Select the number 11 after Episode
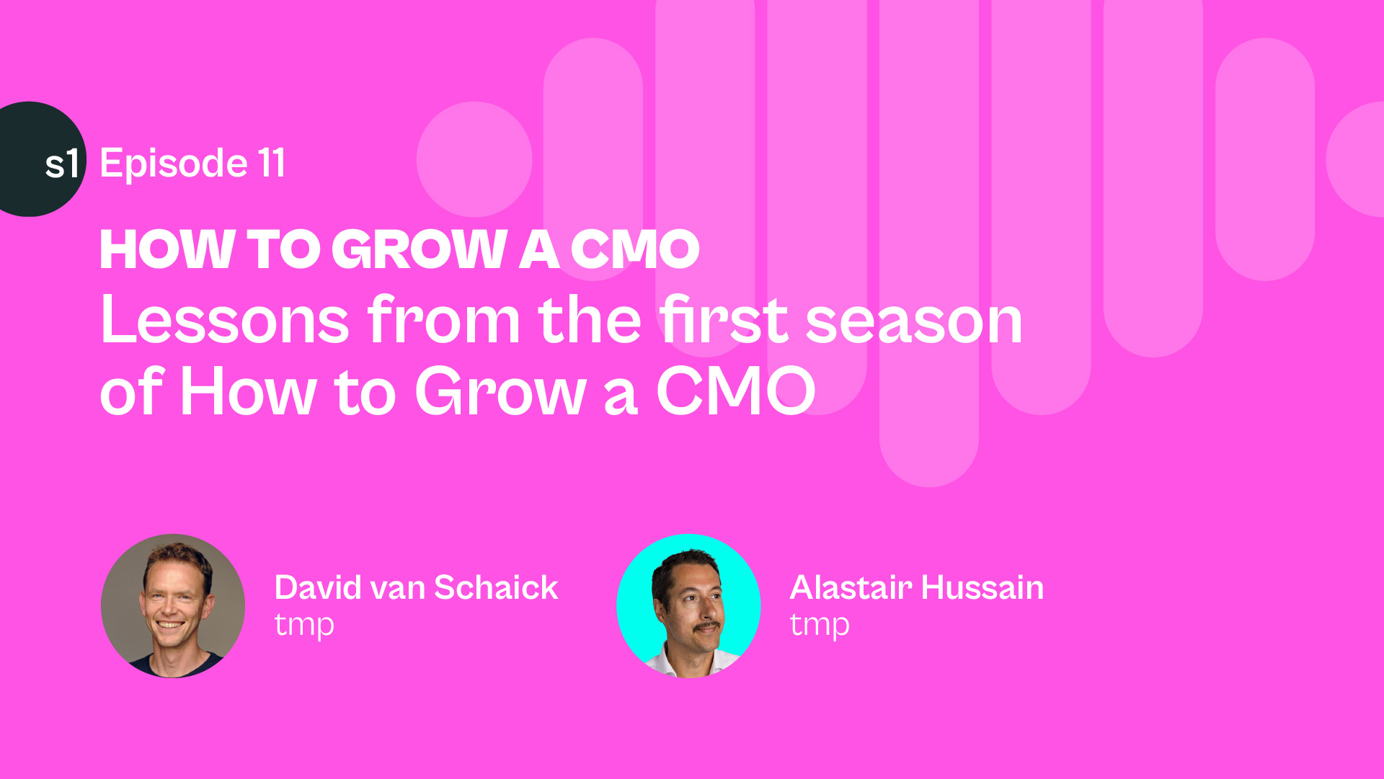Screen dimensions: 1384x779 click(272, 163)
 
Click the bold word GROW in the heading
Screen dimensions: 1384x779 click(419, 249)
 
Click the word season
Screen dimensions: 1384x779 click(914, 321)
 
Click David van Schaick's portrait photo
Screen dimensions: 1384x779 click(173, 606)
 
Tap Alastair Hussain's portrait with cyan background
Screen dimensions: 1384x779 click(688, 606)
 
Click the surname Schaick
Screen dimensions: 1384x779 click(496, 587)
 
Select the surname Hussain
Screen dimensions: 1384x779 click(982, 587)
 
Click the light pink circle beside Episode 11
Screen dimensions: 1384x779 click(474, 159)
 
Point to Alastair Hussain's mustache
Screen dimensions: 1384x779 click(706, 627)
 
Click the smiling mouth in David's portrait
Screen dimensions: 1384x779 click(170, 625)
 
